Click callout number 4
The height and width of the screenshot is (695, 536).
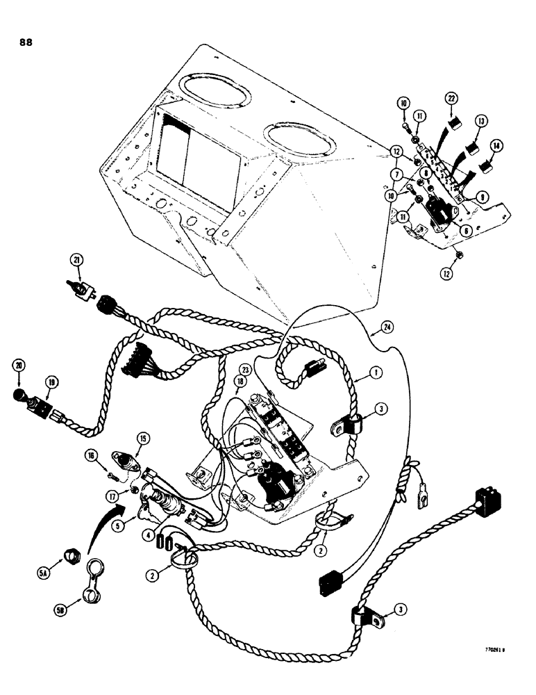[x=148, y=515]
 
